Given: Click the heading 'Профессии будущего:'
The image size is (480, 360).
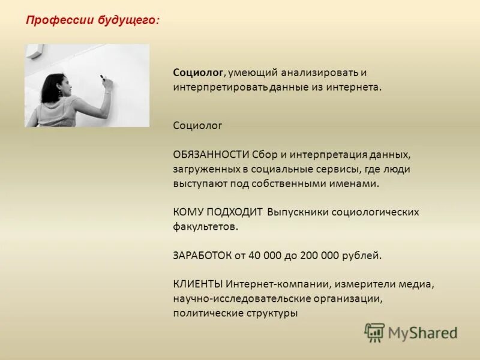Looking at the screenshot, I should [92, 20].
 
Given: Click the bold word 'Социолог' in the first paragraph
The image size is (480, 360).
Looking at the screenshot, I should [198, 73].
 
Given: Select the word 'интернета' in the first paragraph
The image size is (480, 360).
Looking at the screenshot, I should [358, 87].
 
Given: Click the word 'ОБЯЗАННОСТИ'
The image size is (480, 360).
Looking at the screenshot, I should [211, 155].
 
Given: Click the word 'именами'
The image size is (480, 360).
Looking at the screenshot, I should [358, 184].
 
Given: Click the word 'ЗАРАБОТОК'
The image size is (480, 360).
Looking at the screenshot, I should [202, 255].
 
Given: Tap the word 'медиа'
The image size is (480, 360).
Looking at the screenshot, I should [418, 284].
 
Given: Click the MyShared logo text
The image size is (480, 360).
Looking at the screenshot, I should [422, 332].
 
